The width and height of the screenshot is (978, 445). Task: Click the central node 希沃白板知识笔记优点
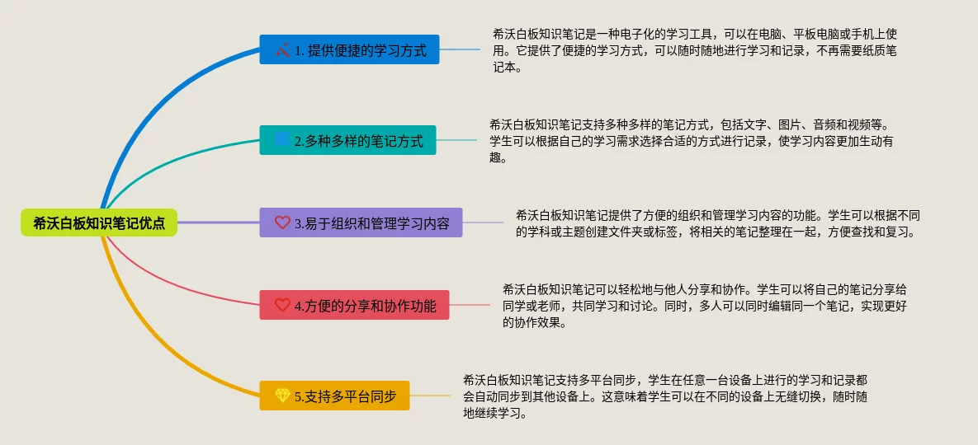click(99, 222)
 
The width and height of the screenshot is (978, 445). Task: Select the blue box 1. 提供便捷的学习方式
click(349, 49)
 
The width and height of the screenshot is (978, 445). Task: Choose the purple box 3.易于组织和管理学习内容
click(361, 222)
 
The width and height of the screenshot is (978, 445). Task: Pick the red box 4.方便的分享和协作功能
click(354, 305)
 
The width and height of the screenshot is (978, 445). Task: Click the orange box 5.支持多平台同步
click(334, 396)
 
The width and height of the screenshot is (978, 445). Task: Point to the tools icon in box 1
click(282, 49)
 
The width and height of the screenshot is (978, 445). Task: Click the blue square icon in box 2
click(282, 139)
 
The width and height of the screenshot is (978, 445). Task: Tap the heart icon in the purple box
click(282, 222)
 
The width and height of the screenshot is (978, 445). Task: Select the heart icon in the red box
click(282, 305)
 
